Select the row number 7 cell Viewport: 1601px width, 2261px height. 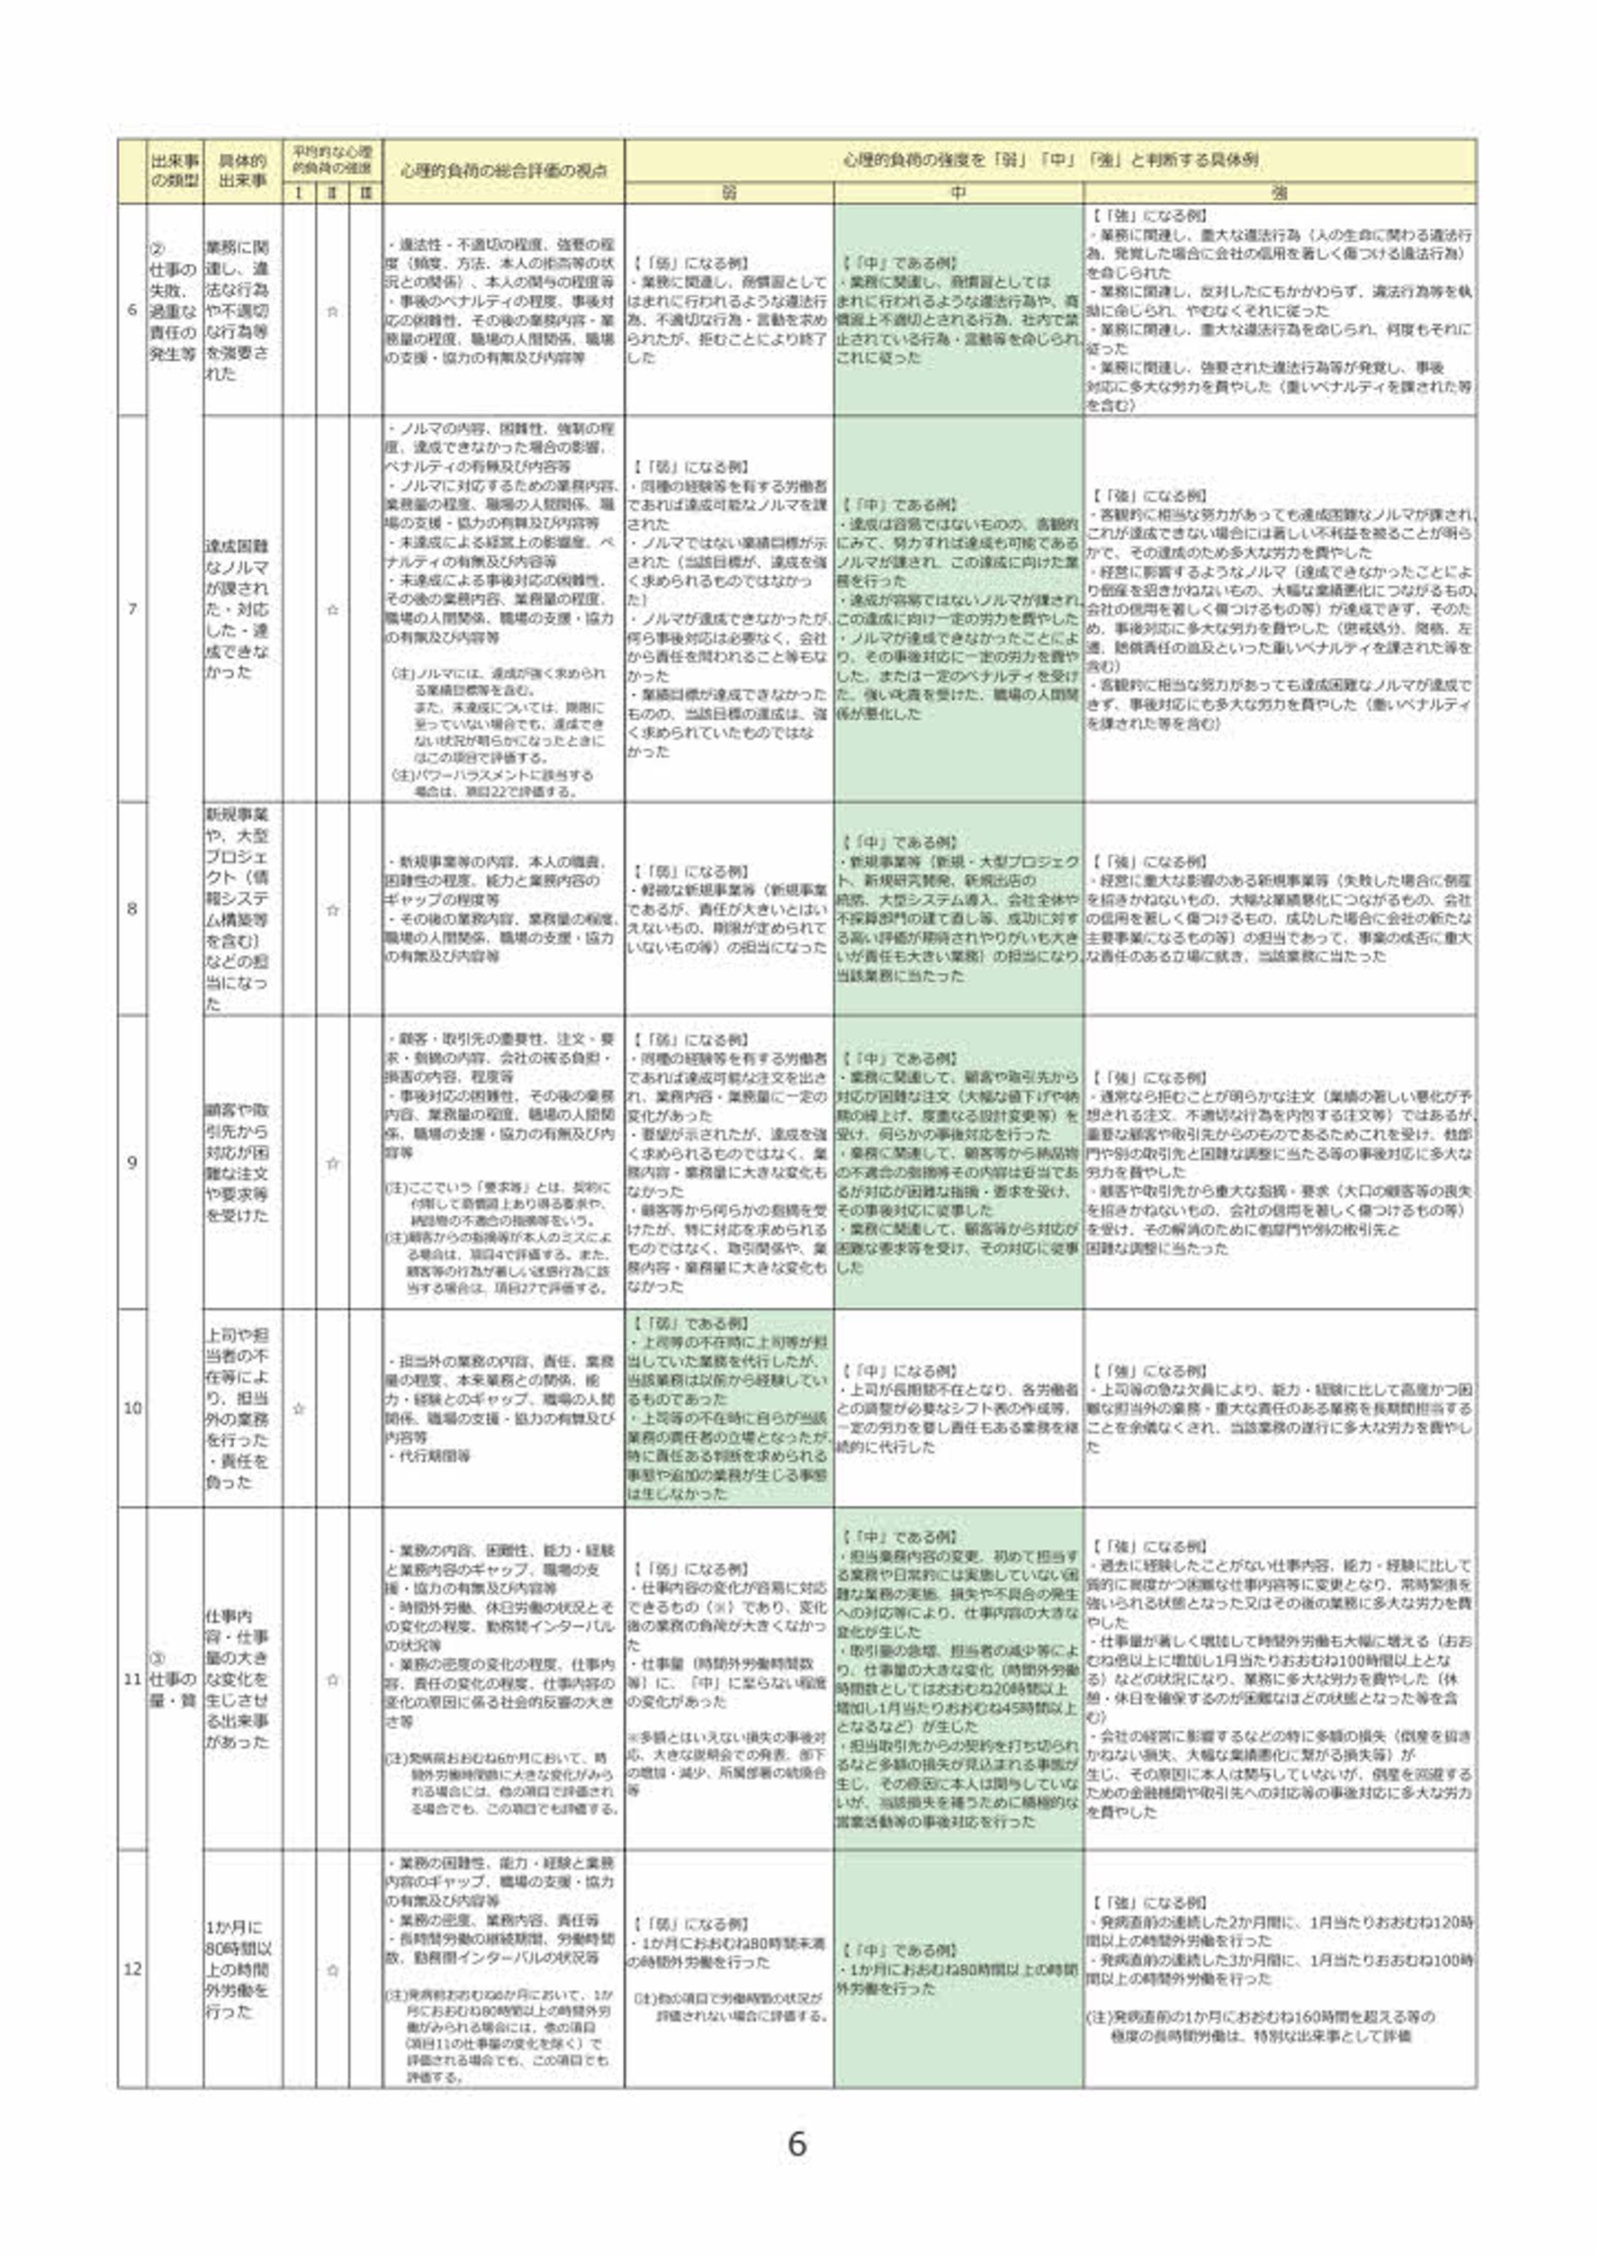pos(132,608)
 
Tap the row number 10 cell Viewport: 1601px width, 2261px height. pos(132,1408)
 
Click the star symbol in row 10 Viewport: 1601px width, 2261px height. pos(299,1408)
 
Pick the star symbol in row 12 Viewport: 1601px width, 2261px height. pos(332,1970)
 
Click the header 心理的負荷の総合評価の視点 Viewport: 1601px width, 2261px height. pos(503,171)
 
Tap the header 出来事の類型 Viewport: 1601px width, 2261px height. pos(175,171)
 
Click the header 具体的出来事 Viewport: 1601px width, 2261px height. pos(242,171)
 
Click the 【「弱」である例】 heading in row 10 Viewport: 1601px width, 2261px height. pos(690,1323)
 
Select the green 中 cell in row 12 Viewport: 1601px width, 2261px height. pos(958,1969)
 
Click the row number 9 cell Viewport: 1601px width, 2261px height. pos(132,1162)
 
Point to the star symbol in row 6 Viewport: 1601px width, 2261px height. pos(332,311)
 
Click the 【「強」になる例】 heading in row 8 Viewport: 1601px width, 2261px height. pos(1149,860)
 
